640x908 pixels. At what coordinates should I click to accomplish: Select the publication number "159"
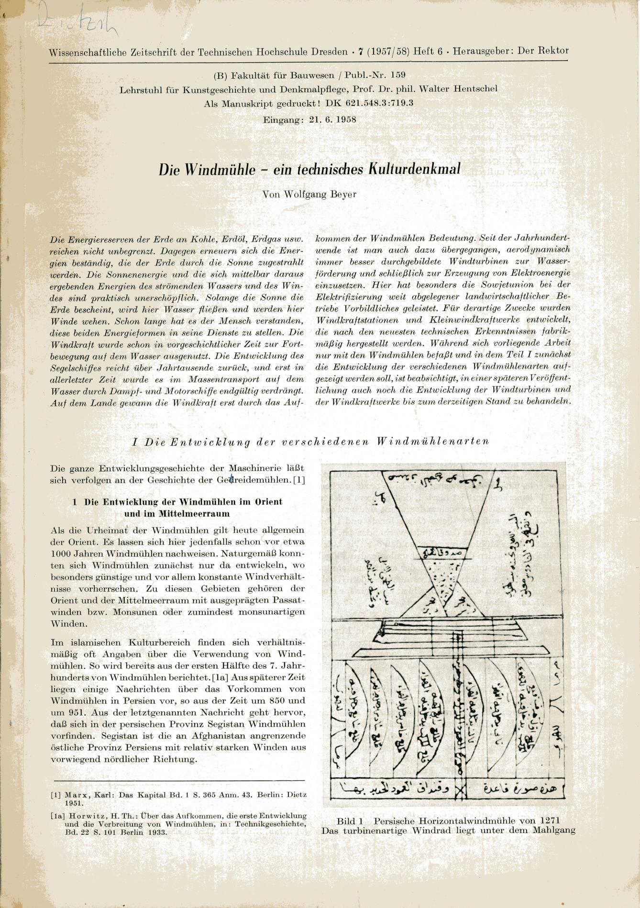point(398,75)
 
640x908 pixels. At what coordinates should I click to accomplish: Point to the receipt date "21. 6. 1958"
point(332,119)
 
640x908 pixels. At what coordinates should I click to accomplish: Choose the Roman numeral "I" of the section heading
point(134,442)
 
